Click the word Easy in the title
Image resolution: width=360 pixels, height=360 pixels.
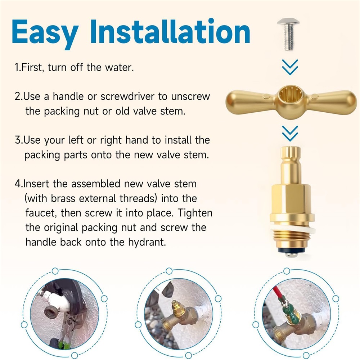45,33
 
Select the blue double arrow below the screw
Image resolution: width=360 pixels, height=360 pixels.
290,67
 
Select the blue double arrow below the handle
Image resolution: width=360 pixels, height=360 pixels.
290,133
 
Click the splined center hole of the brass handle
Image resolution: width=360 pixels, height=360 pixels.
290,95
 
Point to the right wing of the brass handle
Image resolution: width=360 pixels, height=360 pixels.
330,102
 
